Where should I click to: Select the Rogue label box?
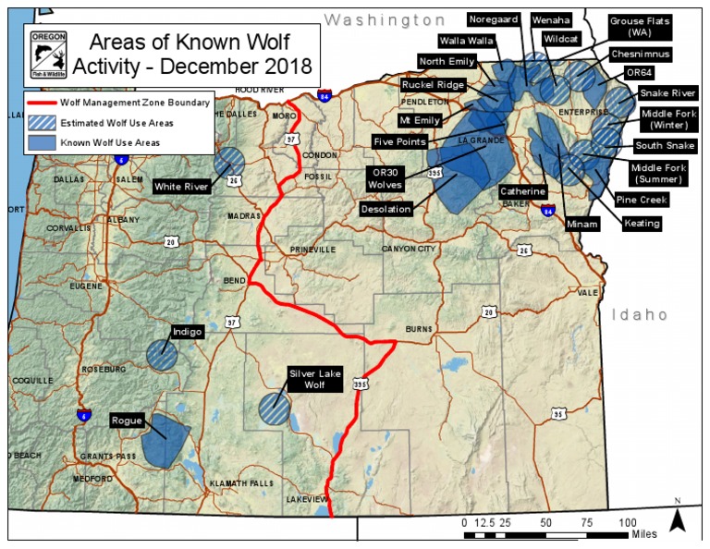point(128,421)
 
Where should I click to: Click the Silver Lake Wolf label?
point(314,378)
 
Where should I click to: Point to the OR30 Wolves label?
point(387,177)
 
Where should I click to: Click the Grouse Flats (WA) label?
point(640,26)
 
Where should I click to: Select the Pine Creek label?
point(642,199)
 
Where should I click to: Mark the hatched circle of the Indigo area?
point(162,355)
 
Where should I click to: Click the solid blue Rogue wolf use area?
point(168,439)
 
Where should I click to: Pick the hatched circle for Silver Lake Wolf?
point(274,408)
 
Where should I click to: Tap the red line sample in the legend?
point(41,102)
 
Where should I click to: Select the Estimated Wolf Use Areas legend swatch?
point(41,122)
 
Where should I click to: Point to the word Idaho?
point(639,315)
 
